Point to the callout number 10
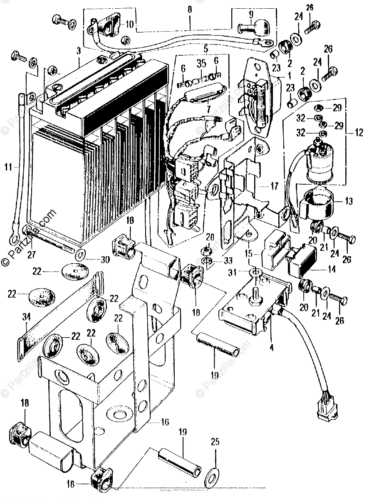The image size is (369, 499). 129,24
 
